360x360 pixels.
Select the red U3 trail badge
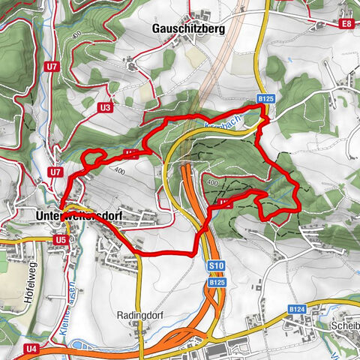tap(104, 108)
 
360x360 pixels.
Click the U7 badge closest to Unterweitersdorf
tap(55, 172)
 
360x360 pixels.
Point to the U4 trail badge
tap(31, 349)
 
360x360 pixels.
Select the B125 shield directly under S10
tap(217, 282)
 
